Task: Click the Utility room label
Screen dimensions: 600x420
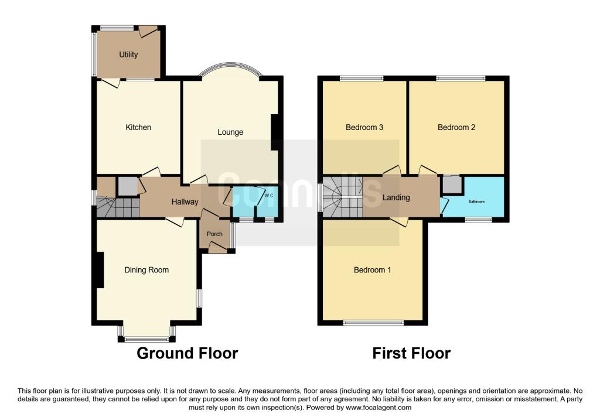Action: pos(128,54)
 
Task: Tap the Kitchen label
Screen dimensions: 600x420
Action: pos(138,127)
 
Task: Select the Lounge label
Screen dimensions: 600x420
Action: pos(230,132)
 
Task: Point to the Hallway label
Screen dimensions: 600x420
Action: pos(185,202)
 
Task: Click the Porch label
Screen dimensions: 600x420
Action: pos(214,234)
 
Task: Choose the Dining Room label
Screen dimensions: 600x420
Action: pos(146,269)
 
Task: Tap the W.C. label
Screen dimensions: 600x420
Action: pos(269,196)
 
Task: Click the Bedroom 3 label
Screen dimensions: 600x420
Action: pos(364,127)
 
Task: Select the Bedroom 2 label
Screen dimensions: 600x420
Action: pos(456,127)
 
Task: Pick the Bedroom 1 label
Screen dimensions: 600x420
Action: pos(372,269)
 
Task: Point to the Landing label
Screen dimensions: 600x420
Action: pos(396,197)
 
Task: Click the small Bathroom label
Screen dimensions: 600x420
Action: pos(476,202)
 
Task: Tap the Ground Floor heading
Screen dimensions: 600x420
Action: pos(187,353)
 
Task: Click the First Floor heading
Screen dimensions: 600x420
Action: pos(411,353)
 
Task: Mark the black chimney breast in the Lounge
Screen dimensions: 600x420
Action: pos(275,132)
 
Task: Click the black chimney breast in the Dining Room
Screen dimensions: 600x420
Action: pos(100,269)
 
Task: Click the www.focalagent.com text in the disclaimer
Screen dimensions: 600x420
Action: pos(379,408)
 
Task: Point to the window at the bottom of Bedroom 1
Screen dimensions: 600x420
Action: pos(373,323)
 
